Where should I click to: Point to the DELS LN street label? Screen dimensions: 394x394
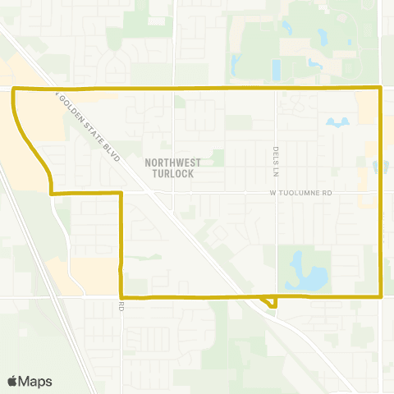277,149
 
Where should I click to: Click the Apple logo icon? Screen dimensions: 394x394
13,381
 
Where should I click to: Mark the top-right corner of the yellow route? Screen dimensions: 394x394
381,86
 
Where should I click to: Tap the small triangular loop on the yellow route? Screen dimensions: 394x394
269,300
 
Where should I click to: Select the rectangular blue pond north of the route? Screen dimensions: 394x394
276,68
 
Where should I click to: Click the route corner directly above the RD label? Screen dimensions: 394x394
121,296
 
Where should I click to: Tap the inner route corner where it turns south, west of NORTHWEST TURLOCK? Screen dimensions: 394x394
121,194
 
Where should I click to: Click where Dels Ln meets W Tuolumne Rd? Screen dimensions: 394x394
277,194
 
